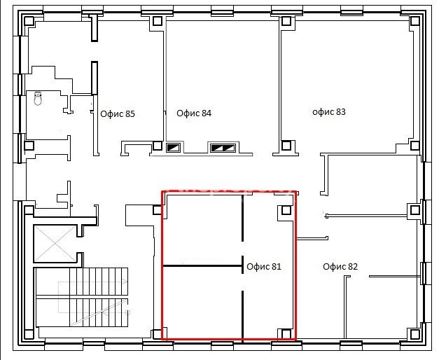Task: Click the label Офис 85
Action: [118, 114]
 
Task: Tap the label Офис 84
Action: [194, 113]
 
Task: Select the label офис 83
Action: [329, 112]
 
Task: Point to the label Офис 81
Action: [264, 266]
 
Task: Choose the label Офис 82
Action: [340, 266]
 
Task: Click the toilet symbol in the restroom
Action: [38, 98]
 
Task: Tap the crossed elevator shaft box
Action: [55, 244]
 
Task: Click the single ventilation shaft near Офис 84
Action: [174, 147]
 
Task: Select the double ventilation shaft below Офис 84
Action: [223, 148]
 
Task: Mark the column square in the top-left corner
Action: [29, 21]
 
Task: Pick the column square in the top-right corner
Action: [414, 21]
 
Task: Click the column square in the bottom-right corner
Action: [414, 334]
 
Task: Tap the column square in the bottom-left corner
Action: [29, 334]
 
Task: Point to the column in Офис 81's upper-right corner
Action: [286, 210]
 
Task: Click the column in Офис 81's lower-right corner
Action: [286, 333]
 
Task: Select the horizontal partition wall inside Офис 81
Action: [202, 265]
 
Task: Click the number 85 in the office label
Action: [130, 114]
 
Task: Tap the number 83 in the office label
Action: [341, 112]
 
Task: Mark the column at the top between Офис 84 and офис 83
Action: [286, 21]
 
